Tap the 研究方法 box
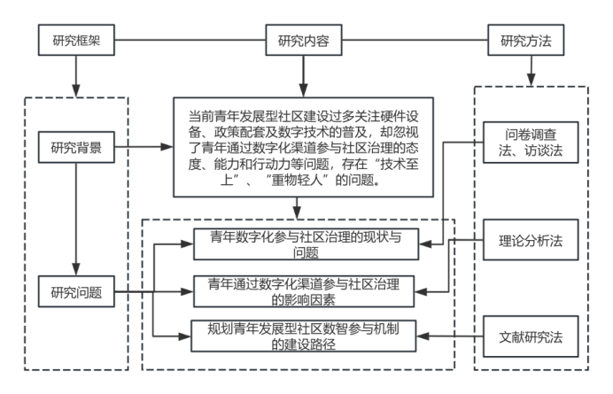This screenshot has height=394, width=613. coord(529,40)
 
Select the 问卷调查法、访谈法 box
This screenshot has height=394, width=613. coord(531,142)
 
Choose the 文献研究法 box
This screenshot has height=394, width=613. coord(531,336)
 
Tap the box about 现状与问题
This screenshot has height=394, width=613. coord(303,243)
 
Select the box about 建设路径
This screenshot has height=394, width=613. coord(303,337)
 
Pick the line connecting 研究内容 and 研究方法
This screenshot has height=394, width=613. coord(415,40)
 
